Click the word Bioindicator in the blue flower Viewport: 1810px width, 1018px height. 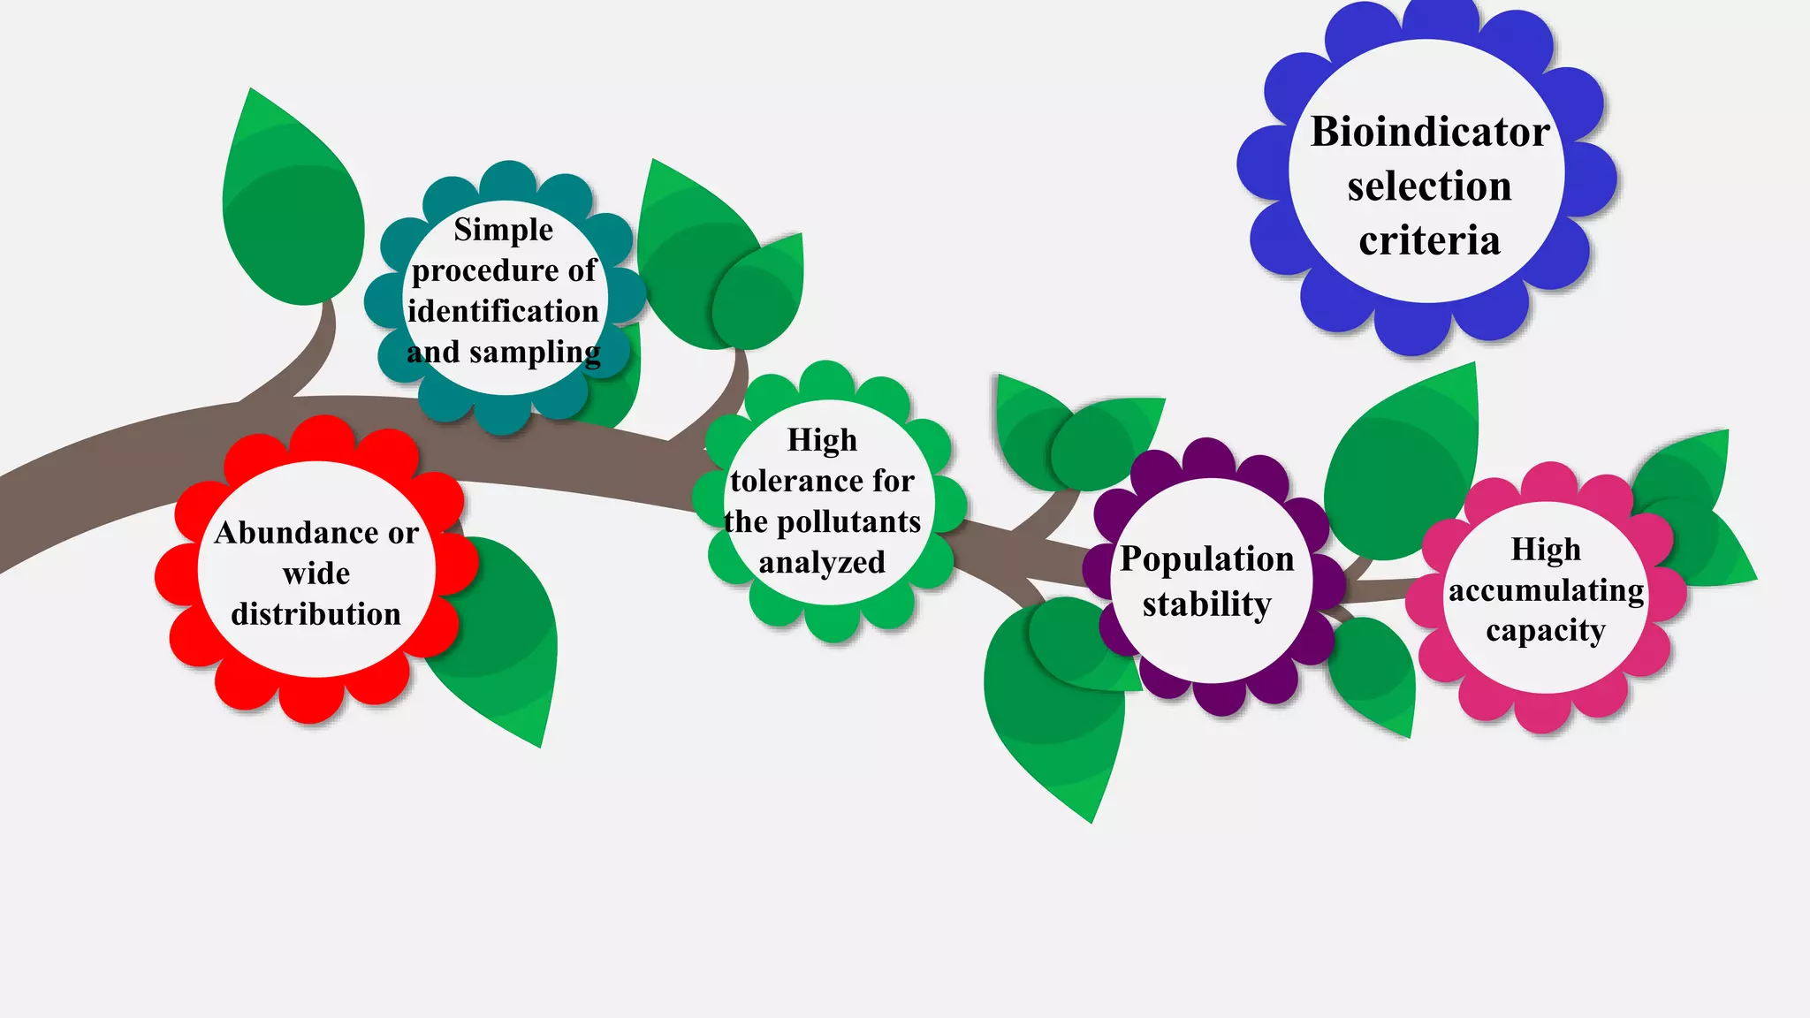tap(1429, 133)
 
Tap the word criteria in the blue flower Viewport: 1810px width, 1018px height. tap(1429, 240)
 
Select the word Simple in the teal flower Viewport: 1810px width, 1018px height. tap(503, 231)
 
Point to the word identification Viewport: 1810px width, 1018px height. tap(503, 311)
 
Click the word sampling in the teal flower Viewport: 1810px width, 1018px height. tap(535, 353)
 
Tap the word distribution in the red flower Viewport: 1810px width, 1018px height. tap(316, 614)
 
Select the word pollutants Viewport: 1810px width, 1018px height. tap(848, 522)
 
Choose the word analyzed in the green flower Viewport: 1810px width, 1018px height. tap(822, 563)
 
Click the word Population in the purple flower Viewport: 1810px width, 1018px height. tap(1206, 559)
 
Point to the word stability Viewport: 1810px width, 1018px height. tap(1206, 605)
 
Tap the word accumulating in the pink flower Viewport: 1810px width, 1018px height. tap(1546, 590)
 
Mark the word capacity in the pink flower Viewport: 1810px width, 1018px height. tap(1545, 632)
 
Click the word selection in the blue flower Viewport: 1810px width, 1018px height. tap(1429, 186)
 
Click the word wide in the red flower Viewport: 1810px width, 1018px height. tap(316, 574)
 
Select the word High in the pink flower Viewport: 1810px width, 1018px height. tap(1545, 550)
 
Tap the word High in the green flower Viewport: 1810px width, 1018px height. tap(822, 440)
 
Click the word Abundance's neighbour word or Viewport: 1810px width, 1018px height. tap(403, 533)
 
